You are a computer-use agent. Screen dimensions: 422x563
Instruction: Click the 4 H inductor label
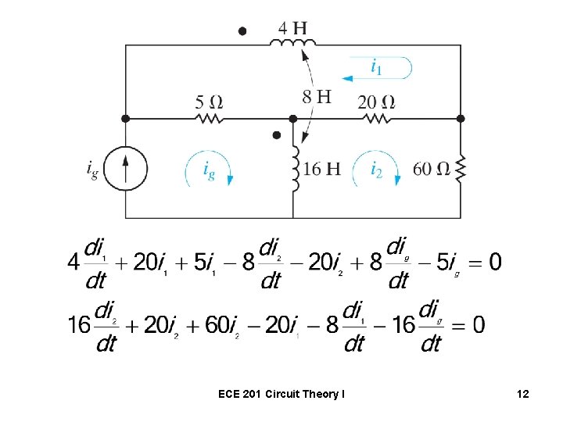[293, 29]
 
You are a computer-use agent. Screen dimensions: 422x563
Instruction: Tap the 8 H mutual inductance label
[317, 98]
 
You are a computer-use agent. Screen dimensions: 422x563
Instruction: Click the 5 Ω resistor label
[210, 102]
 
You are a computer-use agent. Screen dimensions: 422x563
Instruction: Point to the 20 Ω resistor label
[376, 102]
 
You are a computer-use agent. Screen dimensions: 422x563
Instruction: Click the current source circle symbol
[125, 169]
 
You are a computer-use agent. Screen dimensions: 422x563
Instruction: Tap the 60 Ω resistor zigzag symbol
[461, 167]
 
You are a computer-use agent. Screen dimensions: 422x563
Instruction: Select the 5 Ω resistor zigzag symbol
[210, 119]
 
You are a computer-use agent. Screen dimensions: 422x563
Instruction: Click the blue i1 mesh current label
[376, 68]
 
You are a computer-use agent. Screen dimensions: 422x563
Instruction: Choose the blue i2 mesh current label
[376, 168]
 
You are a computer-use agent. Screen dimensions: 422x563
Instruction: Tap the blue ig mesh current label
[209, 170]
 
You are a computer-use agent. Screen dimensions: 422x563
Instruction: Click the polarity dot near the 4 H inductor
[242, 30]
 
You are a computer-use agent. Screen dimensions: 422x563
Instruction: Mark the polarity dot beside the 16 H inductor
[276, 135]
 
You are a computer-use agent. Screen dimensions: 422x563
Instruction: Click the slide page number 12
[522, 395]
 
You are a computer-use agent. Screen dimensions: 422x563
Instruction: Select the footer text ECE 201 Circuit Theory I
[281, 395]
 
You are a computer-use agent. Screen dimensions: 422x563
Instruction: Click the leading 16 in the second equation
[78, 324]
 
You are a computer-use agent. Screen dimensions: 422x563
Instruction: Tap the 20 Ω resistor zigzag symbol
[376, 119]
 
